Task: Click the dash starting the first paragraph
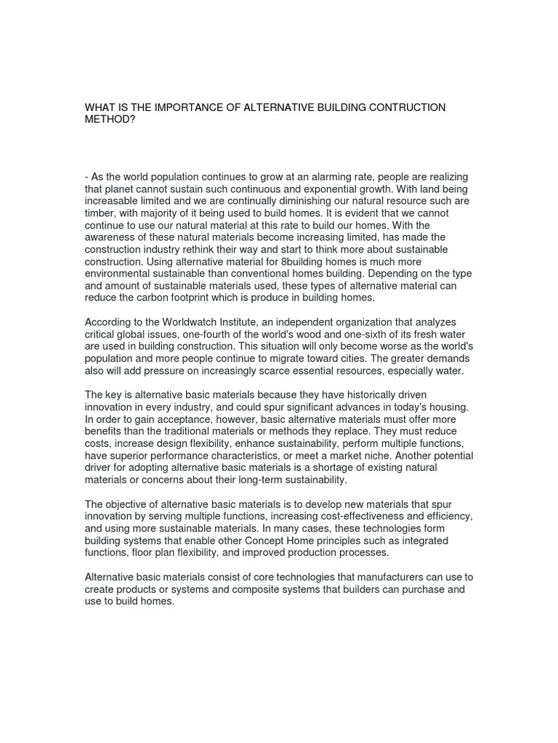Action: [86, 178]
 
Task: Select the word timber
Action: [100, 213]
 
